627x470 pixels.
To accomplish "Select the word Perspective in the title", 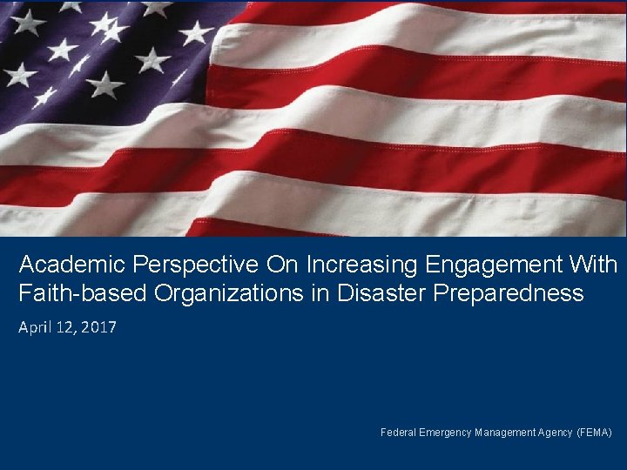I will click(x=178, y=264).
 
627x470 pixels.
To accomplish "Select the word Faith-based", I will click(x=84, y=293).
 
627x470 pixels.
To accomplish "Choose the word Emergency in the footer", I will click(x=446, y=433).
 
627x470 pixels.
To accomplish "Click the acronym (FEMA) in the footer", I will click(x=595, y=433).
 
